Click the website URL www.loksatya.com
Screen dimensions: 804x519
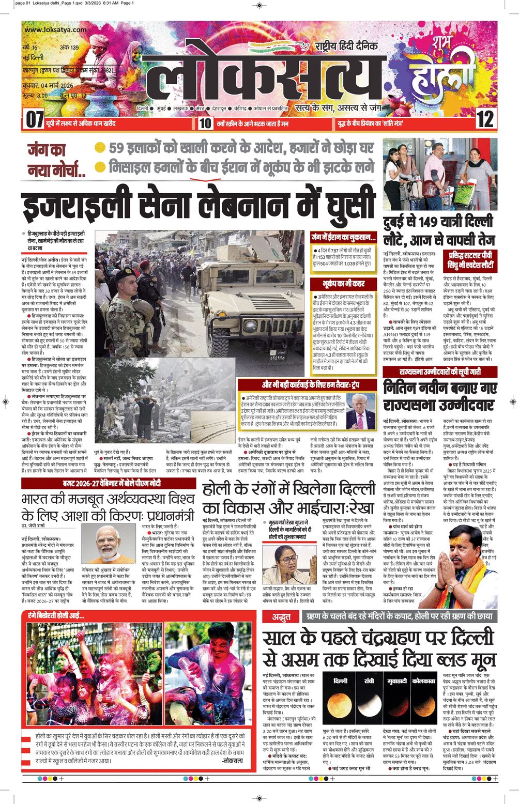coord(55,30)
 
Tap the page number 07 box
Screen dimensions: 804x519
coord(35,120)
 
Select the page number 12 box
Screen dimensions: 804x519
coord(484,120)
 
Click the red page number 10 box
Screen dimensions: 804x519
coord(205,123)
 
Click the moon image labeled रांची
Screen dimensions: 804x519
coord(369,705)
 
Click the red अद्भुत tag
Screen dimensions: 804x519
coord(282,616)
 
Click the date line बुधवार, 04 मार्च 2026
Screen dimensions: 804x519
coord(48,85)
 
